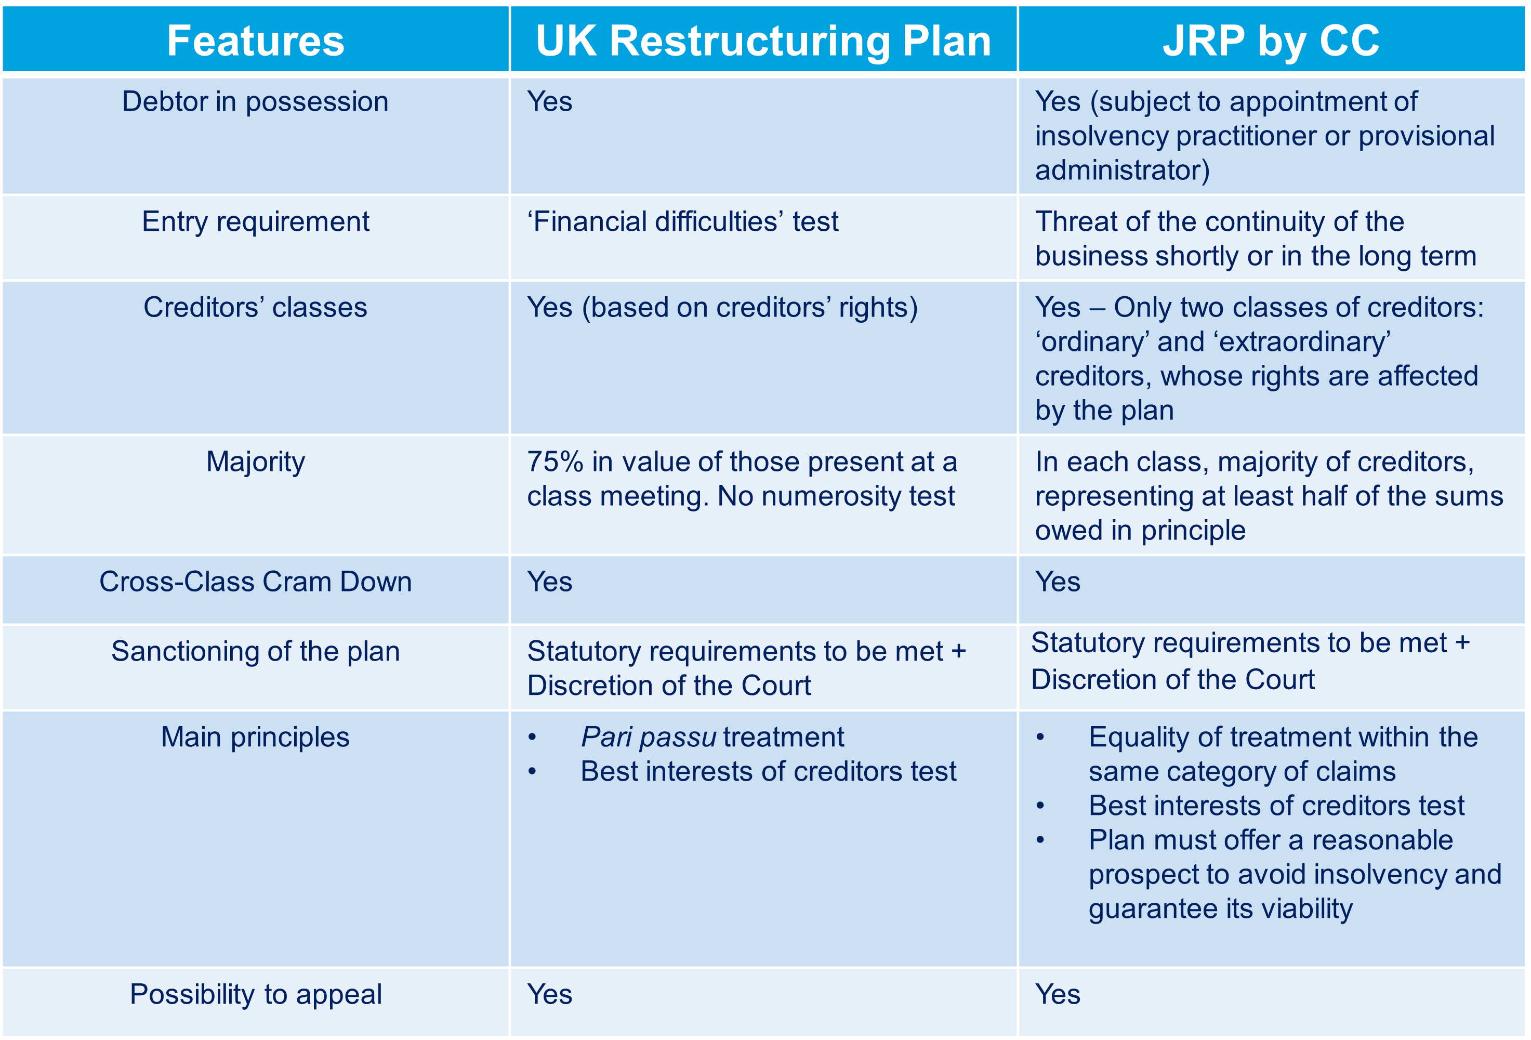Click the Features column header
point(256,41)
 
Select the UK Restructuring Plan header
point(763,41)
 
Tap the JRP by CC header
point(1272,41)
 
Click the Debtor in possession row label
point(256,102)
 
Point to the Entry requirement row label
point(256,222)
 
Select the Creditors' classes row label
point(256,308)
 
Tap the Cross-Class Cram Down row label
point(256,582)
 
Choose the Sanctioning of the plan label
point(256,651)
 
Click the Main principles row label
point(256,737)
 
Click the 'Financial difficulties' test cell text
point(682,222)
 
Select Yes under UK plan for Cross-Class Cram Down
point(549,582)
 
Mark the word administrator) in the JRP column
point(1123,170)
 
